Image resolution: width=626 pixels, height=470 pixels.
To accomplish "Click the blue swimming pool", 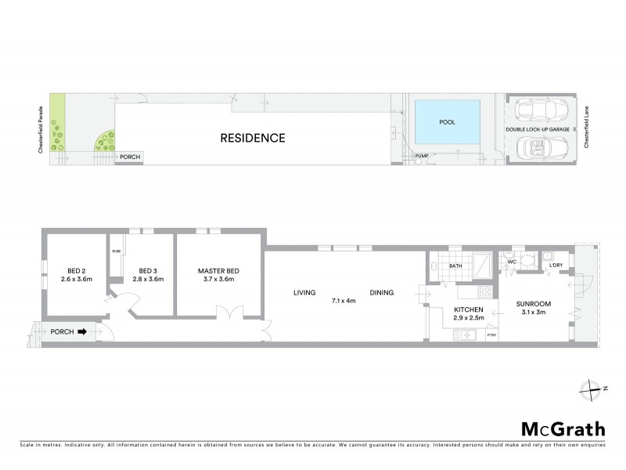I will [447, 123].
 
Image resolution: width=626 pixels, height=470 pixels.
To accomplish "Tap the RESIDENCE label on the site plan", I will [252, 139].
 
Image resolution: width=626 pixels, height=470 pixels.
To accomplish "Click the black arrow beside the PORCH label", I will [83, 331].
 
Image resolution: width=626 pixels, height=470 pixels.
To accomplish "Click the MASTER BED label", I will [218, 272].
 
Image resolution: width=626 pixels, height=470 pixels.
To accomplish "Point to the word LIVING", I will [304, 293].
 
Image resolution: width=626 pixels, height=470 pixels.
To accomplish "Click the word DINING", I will [382, 293].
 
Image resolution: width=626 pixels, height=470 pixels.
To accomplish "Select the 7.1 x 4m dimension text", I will [344, 299].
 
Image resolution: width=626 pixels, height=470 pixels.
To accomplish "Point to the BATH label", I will [456, 266].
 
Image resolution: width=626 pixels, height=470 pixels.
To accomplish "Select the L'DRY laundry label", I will [556, 266].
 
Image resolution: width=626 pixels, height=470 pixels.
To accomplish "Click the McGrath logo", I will [563, 429].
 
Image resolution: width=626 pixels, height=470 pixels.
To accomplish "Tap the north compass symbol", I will [595, 388].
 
